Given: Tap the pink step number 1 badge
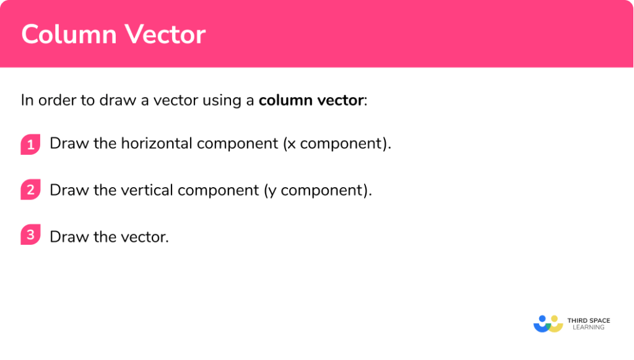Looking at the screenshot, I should tap(30, 144).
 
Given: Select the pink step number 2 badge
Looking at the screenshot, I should tap(30, 190).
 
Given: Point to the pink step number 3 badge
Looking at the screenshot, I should tap(30, 236).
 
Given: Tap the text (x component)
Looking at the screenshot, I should tap(337, 143).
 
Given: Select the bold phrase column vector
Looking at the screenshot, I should tap(311, 100).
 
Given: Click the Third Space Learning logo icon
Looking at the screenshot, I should tap(547, 323).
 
